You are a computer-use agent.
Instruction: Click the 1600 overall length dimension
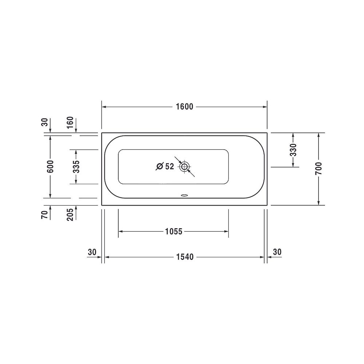185,107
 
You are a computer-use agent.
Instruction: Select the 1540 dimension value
185,257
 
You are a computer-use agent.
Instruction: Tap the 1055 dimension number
174,232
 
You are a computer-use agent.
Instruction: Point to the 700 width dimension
319,169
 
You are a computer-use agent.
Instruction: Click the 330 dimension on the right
293,150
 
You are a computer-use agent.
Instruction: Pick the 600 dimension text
50,166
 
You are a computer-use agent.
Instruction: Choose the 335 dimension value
76,167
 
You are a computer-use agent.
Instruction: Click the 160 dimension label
70,122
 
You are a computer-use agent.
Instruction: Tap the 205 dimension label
70,214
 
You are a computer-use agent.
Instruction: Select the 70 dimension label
44,215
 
